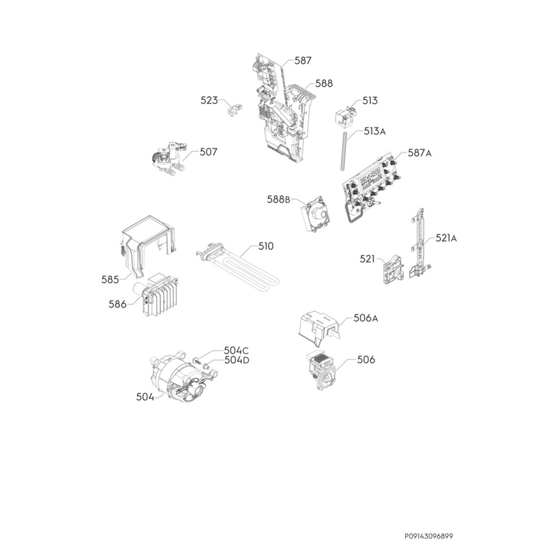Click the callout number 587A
(x=419, y=153)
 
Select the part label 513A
(x=375, y=131)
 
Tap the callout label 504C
(x=236, y=350)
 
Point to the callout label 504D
(x=237, y=360)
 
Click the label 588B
(x=278, y=199)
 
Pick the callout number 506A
(x=366, y=318)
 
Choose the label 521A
(x=446, y=238)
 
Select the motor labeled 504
(x=179, y=379)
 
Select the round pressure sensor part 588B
(x=317, y=217)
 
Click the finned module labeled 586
(x=160, y=299)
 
